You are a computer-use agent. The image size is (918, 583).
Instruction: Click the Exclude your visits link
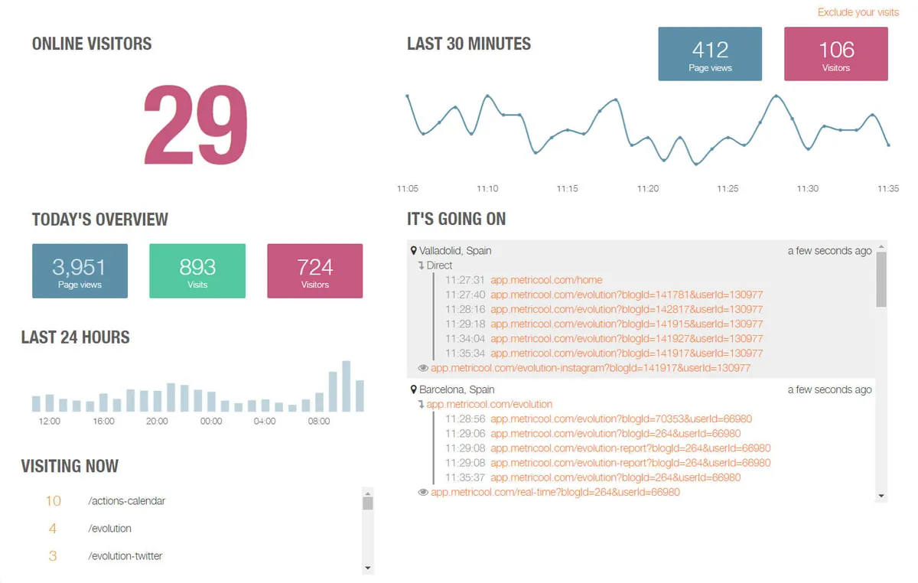858,12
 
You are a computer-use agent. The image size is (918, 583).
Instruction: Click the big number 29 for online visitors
196,125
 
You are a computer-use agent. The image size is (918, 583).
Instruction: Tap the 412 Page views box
710,54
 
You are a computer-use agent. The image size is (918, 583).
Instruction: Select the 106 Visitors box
835,54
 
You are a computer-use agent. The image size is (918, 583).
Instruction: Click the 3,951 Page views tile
80,271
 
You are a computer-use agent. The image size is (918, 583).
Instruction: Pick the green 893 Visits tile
197,271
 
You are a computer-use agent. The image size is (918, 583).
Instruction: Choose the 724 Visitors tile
314,271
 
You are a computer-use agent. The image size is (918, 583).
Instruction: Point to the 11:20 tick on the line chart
647,188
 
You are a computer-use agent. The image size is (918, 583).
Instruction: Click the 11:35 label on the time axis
887,188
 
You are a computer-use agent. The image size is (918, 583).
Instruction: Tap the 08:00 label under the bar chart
319,422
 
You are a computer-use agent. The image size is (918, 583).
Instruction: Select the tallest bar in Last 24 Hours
347,386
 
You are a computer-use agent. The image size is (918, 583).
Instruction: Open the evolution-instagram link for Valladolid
590,368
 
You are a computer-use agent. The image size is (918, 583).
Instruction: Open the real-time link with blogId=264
555,492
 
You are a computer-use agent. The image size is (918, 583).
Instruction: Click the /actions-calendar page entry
126,501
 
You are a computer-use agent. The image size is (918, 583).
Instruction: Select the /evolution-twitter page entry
125,556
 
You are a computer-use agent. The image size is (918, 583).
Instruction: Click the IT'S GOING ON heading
456,220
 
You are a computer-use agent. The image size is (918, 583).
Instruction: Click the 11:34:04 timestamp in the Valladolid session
465,339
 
